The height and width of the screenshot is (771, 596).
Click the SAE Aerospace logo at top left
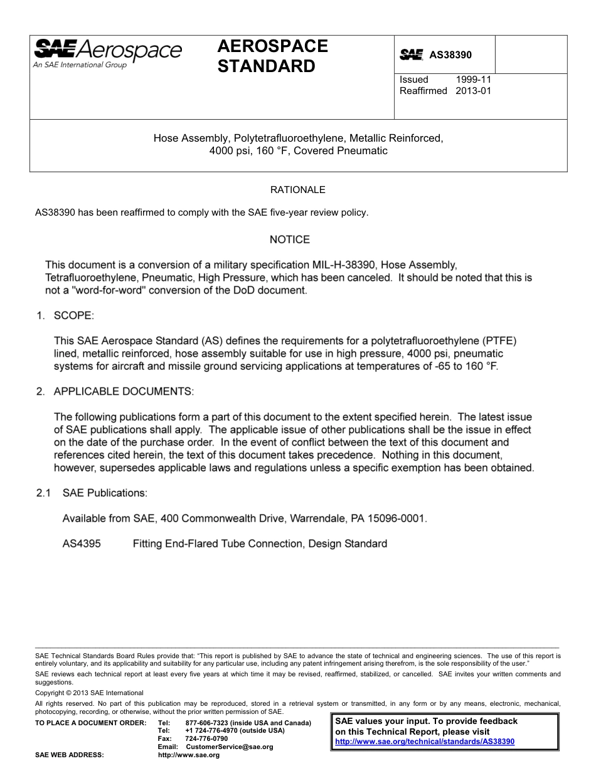click(x=107, y=53)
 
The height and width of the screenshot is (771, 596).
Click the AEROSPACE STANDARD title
click(x=272, y=56)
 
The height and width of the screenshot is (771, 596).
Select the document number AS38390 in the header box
click(x=450, y=55)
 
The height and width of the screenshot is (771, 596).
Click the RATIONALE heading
click(x=297, y=189)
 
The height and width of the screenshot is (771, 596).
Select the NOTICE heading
click(x=289, y=239)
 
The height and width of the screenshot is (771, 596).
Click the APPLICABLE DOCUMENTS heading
click(x=124, y=392)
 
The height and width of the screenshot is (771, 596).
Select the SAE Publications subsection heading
click(x=105, y=493)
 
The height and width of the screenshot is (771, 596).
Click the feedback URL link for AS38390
click(x=425, y=741)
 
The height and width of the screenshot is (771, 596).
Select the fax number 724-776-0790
click(x=206, y=738)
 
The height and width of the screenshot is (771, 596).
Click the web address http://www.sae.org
click(x=189, y=755)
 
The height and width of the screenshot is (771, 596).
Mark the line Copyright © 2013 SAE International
click(x=89, y=693)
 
